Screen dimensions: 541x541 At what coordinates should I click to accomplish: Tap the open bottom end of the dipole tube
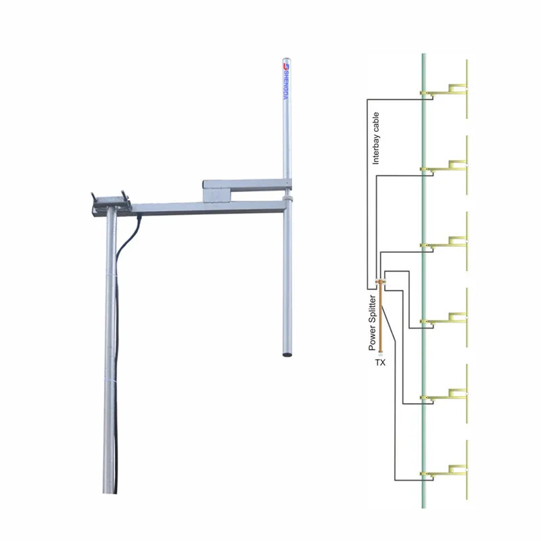click(287, 352)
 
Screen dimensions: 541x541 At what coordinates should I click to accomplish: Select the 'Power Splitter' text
click(372, 322)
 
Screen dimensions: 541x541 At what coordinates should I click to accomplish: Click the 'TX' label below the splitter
click(380, 362)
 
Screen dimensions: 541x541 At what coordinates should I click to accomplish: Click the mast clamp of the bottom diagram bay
click(423, 473)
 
